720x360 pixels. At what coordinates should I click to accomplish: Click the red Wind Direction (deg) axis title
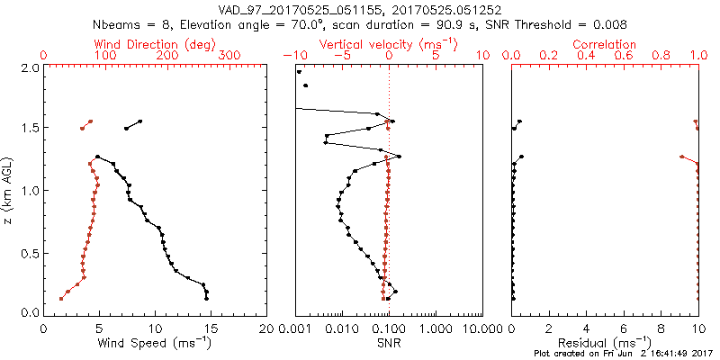point(156,44)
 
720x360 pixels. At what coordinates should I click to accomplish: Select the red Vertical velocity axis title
point(389,44)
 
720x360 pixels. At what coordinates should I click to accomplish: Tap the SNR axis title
point(389,342)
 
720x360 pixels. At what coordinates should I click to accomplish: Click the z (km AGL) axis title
point(8,190)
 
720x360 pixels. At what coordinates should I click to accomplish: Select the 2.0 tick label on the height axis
point(29,67)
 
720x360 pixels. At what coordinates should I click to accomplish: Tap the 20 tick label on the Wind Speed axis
point(266,328)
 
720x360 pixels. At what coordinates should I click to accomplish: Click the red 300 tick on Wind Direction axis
point(229,56)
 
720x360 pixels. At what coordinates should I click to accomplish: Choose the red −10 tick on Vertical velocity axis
point(293,56)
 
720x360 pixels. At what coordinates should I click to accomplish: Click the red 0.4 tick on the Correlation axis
point(587,56)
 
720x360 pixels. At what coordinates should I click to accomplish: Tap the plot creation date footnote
point(625,354)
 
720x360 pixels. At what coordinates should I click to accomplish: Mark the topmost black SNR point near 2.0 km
point(299,72)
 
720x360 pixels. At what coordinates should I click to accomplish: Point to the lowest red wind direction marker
point(61,298)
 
